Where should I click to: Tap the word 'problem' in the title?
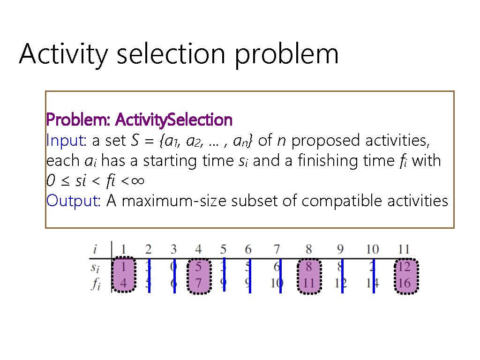(x=286, y=54)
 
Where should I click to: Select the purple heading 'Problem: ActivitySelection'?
(x=139, y=120)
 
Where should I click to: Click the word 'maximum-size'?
(x=167, y=201)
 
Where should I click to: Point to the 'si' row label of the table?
(x=96, y=268)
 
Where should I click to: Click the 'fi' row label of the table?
(x=96, y=284)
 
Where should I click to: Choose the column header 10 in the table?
(x=373, y=249)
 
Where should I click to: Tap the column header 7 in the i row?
(x=277, y=249)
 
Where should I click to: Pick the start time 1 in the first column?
(x=124, y=268)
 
